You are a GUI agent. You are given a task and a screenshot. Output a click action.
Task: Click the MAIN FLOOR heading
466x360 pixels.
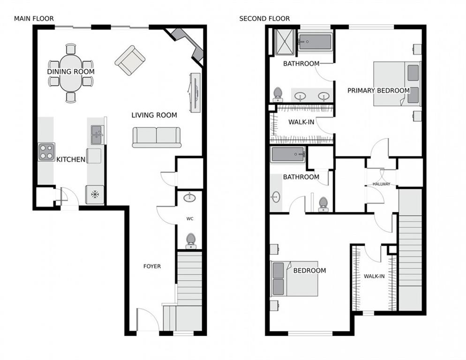34,19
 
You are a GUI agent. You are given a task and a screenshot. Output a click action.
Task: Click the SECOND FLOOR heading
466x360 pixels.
264,19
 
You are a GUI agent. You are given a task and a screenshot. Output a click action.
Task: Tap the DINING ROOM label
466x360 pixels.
71,72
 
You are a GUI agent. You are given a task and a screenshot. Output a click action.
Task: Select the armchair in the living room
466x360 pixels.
130,60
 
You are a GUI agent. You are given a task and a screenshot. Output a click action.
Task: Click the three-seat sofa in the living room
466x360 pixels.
157,137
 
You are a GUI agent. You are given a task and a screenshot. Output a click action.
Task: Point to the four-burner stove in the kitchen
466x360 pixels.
46,152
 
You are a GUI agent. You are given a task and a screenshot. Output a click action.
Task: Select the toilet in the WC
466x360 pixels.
190,240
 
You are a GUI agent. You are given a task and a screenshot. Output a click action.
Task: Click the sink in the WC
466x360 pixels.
189,197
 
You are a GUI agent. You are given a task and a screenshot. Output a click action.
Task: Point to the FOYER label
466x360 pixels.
152,266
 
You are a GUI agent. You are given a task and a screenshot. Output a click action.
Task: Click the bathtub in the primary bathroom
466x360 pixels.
315,42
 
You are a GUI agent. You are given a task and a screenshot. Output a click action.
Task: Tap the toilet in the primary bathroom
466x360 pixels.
278,94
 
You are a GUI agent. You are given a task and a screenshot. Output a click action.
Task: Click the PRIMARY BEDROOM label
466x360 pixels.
378,90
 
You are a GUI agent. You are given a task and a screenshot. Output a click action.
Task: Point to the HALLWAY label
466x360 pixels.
381,184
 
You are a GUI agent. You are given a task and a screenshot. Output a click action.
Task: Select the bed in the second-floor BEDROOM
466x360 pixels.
294,278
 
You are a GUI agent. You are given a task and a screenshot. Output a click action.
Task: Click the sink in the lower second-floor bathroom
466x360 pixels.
275,197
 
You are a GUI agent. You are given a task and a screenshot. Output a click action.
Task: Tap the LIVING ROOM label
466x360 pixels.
154,115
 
